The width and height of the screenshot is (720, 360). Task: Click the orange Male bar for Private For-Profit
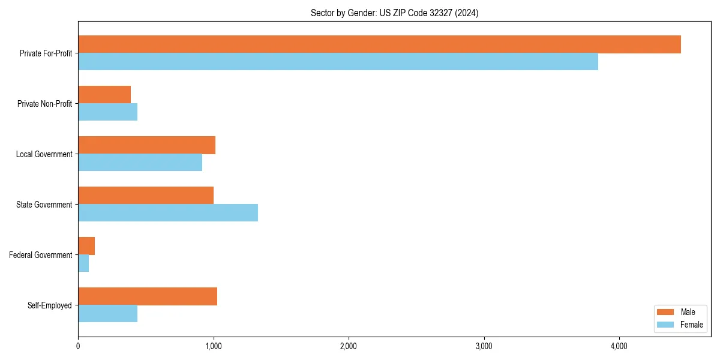[379, 44]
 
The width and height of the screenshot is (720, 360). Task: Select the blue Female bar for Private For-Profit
[338, 62]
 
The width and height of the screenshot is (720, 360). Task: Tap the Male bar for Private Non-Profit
[104, 95]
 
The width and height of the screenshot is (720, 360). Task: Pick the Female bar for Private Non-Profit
[107, 112]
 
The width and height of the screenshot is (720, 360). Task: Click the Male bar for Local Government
[146, 145]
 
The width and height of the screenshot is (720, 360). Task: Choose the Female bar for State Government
[168, 213]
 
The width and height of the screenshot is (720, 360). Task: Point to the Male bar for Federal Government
[86, 246]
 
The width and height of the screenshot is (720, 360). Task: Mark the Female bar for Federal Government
[83, 263]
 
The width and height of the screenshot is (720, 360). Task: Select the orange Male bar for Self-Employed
[148, 296]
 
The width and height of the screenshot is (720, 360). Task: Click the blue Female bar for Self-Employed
[107, 314]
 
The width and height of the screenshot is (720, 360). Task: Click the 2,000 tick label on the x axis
[348, 346]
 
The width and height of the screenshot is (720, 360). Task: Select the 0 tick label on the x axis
[78, 346]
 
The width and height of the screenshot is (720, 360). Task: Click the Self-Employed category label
[49, 305]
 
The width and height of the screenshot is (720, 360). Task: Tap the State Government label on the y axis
[44, 205]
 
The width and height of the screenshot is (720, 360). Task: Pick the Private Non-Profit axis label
[44, 104]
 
